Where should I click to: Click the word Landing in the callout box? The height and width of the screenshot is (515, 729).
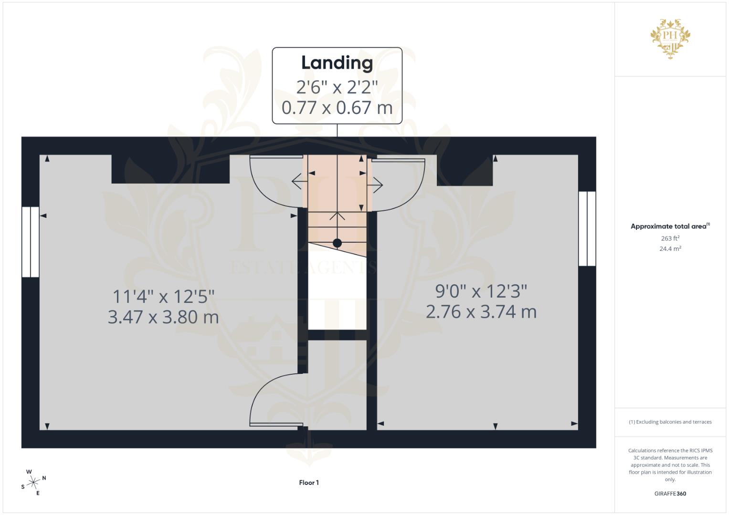point(337,63)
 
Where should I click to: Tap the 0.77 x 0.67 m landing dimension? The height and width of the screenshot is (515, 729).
point(337,108)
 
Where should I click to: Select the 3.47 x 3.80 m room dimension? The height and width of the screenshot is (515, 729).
point(163,317)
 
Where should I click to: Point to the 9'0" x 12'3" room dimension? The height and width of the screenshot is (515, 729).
point(481,291)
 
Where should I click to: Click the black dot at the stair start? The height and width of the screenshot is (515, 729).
point(337,243)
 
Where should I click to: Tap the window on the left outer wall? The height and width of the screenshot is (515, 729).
point(30,242)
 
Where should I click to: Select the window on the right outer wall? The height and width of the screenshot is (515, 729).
point(587,228)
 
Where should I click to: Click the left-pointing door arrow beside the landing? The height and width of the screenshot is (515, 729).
point(299,181)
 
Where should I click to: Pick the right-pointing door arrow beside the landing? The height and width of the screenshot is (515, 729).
point(375,185)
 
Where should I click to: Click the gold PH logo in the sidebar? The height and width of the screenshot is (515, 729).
point(670,39)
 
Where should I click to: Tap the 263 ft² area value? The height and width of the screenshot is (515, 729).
point(670,238)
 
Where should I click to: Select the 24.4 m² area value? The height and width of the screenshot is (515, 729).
point(670,249)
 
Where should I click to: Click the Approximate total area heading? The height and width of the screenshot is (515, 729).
point(670,226)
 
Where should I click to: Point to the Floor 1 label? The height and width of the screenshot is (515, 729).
point(309,483)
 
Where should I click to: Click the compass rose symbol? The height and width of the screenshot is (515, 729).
point(33,483)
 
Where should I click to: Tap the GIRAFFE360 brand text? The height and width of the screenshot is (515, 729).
point(670,494)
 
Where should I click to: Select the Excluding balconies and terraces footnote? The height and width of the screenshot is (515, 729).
point(670,422)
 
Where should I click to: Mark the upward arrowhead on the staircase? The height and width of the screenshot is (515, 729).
point(337,216)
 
